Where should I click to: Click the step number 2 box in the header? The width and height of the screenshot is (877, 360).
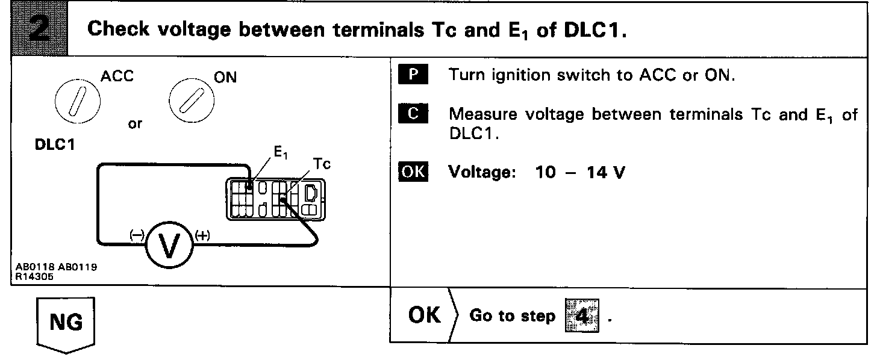tap(35, 28)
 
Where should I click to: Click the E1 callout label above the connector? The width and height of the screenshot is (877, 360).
tap(281, 153)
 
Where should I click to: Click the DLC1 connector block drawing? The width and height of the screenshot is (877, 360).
tap(275, 198)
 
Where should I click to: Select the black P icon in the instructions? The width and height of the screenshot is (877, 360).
tap(413, 76)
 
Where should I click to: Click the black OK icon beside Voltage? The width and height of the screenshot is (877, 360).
tap(413, 172)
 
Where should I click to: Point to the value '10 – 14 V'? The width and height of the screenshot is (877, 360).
tap(580, 173)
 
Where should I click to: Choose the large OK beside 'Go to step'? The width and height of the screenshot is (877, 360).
tap(425, 315)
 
